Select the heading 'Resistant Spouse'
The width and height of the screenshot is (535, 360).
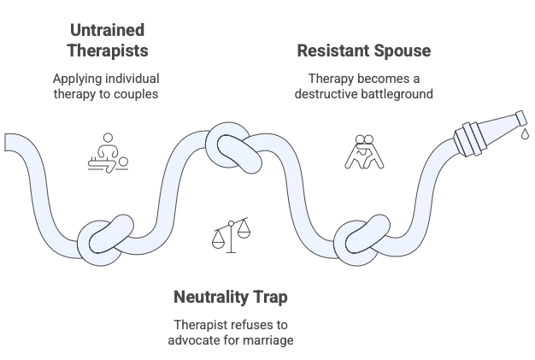coord(363,50)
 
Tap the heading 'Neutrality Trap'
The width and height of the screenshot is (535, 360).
coord(231,298)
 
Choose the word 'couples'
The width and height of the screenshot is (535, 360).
coord(136,93)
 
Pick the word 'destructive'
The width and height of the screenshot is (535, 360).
coord(328,93)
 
